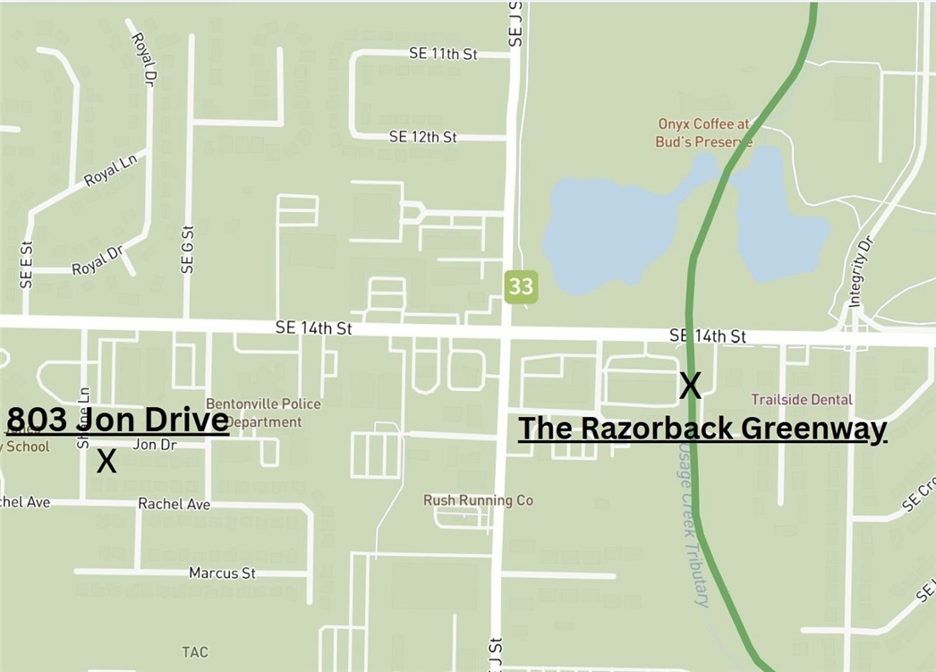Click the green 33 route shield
point(521,287)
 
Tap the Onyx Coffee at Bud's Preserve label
point(704,133)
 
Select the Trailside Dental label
point(802,399)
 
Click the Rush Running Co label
point(478,500)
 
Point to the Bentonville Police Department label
point(263,413)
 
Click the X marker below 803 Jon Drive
point(106,462)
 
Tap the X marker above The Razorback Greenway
point(690,386)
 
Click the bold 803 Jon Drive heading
point(118,420)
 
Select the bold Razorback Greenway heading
point(702,429)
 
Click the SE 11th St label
point(443,54)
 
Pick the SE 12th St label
point(423,137)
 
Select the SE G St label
point(187,249)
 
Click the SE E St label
point(26,264)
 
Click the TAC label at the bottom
point(195,651)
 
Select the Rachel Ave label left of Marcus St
point(174,504)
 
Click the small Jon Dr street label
point(155,444)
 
